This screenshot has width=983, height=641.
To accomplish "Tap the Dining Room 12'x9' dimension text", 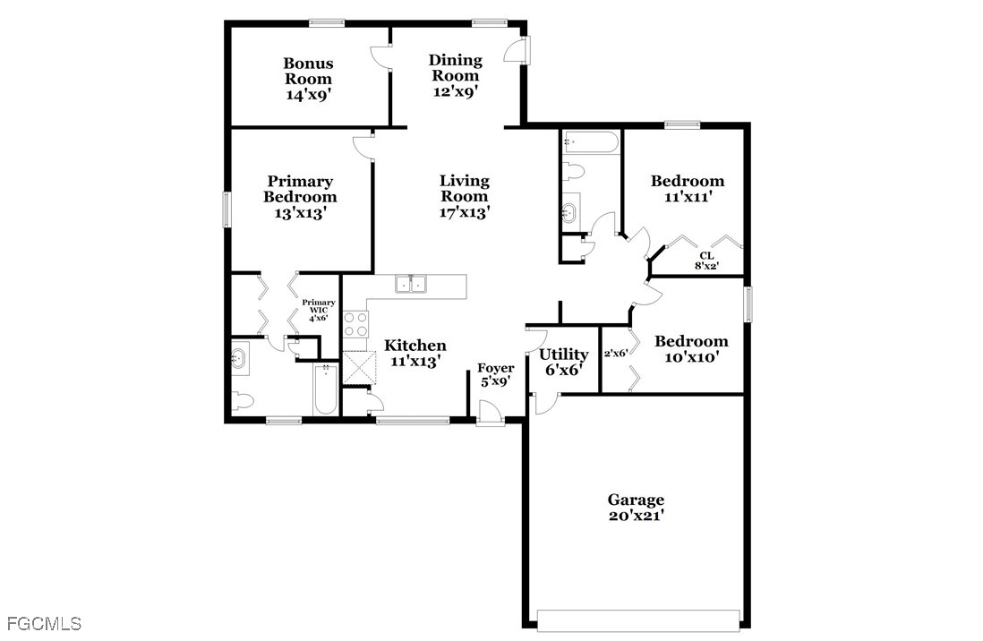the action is (456, 91).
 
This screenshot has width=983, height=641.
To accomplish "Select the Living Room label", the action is (464, 188).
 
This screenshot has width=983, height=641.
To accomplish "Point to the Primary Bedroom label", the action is (300, 189).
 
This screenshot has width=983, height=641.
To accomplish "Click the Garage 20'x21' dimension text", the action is (636, 517).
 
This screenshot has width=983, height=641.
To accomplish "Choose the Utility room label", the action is (564, 355).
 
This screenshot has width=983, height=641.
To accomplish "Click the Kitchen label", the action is (415, 346).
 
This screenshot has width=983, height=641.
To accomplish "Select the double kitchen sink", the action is (411, 284).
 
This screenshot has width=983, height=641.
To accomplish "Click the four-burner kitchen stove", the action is (355, 325).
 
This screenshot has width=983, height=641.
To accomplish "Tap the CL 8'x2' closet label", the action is (706, 261).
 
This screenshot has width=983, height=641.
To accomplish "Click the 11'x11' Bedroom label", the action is (687, 189).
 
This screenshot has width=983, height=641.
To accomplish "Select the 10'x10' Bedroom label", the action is (691, 349).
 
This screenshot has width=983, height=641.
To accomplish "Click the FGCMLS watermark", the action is (44, 624).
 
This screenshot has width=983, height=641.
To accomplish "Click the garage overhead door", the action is (638, 619).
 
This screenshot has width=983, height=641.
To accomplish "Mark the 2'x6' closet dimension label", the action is (616, 353).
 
